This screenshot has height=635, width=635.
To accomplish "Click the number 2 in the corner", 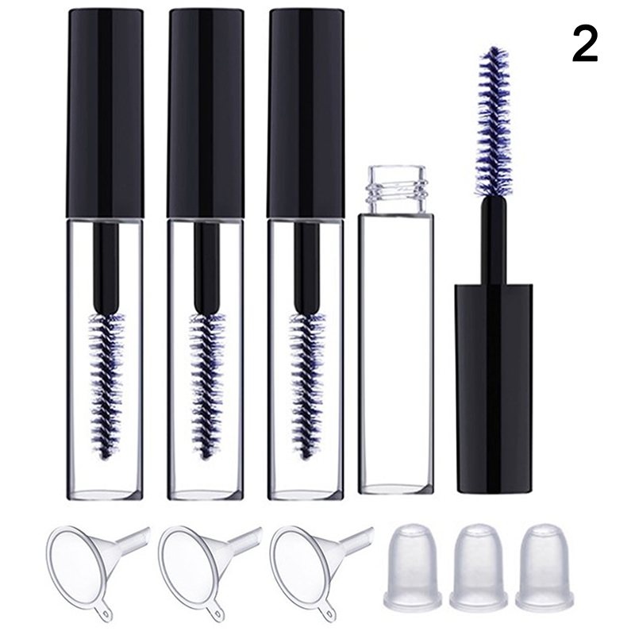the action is click(585, 44).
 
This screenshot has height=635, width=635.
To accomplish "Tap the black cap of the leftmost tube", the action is click(105, 114).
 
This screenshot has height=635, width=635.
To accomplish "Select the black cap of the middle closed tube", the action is click(206, 114).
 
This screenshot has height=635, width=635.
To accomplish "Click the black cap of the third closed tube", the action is click(306, 114).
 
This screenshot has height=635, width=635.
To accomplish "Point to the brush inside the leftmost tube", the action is click(106, 385).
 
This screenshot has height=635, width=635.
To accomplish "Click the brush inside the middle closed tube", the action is click(206, 385).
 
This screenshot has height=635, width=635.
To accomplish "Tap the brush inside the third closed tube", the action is click(307, 385).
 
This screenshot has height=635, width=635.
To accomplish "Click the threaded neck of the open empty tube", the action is click(396, 189).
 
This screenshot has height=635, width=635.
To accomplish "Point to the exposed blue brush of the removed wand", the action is click(495, 121).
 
